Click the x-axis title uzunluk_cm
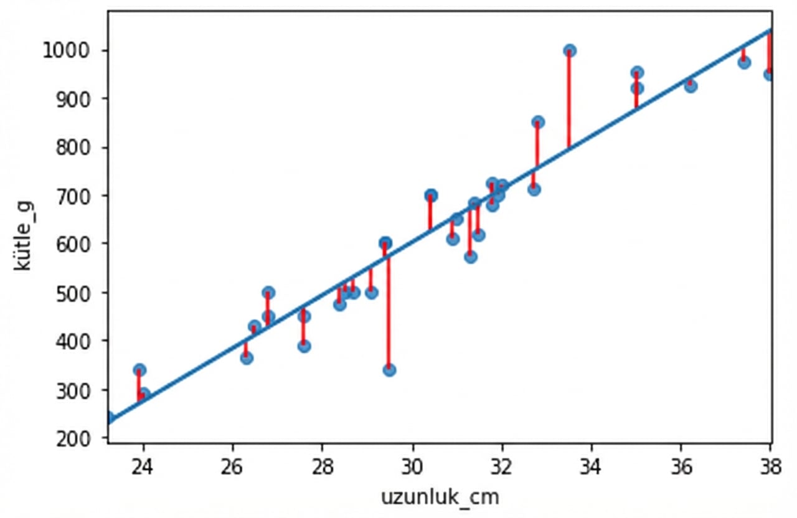pyautogui.click(x=440, y=497)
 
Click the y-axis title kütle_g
pyautogui.click(x=23, y=236)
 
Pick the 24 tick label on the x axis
pyautogui.click(x=143, y=468)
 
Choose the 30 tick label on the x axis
pyautogui.click(x=412, y=468)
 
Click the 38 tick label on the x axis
pyautogui.click(x=770, y=468)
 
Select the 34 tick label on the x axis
pyautogui.click(x=591, y=468)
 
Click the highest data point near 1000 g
pyautogui.click(x=569, y=50)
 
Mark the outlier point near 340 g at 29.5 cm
pyautogui.click(x=389, y=370)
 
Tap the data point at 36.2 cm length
pyautogui.click(x=690, y=86)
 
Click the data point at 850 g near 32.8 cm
pyautogui.click(x=538, y=122)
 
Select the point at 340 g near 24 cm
pyautogui.click(x=139, y=370)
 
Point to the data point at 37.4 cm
pyautogui.click(x=744, y=62)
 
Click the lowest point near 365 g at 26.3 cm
pyautogui.click(x=247, y=358)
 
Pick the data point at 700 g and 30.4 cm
pyautogui.click(x=430, y=195)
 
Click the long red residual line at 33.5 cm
pyautogui.click(x=569, y=100)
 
